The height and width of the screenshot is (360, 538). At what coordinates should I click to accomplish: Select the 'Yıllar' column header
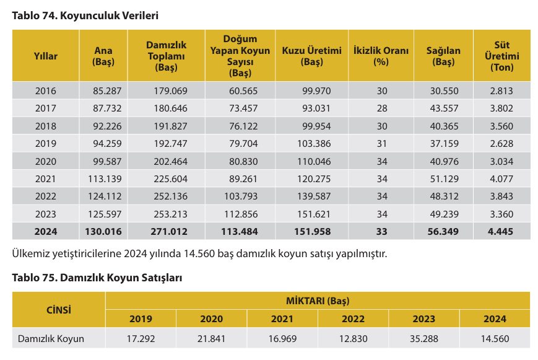[x=45, y=56]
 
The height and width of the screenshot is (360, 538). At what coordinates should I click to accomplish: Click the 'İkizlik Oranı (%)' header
[x=381, y=56]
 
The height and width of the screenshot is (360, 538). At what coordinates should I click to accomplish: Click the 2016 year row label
[x=45, y=91]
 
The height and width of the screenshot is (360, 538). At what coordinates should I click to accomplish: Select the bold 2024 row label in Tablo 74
[x=45, y=232]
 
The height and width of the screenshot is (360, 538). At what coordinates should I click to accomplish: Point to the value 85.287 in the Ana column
[x=107, y=91]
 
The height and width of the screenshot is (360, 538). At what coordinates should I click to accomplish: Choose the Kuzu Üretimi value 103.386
[x=316, y=144]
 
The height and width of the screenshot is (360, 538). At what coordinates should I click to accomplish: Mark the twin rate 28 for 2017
[x=381, y=108]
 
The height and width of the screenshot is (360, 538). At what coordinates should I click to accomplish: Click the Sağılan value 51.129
[x=444, y=179]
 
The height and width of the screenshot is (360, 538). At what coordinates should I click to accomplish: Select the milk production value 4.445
[x=501, y=232]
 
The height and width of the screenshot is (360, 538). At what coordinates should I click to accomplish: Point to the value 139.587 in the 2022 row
[x=316, y=196]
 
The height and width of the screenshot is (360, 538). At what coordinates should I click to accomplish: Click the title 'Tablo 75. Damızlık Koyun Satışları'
[x=97, y=278]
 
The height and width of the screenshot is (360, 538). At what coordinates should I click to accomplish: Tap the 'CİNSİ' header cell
[x=59, y=309]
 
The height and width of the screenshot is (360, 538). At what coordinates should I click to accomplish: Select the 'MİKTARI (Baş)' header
[x=318, y=301]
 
